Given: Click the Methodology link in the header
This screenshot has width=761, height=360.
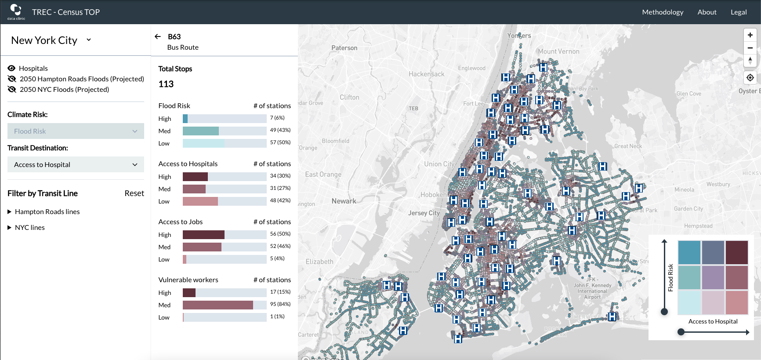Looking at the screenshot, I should pos(662,12).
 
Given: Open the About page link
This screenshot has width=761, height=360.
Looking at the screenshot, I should pos(707,12).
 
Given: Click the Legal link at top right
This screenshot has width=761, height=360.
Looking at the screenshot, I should pos(738,12).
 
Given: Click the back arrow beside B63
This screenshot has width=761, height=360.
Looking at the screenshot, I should pos(158,36).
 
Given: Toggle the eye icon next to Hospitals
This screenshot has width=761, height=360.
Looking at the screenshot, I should pos(11,68).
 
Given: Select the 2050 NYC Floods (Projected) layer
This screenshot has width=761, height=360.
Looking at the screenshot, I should pos(64,89).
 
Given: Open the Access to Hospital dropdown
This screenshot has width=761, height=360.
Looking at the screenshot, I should pos(76,164).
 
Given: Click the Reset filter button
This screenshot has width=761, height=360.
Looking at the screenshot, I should pos(134,193).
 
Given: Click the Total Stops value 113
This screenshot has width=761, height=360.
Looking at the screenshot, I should pos(166,84).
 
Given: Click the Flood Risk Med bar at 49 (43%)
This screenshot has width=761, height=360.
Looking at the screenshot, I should pos(200,131).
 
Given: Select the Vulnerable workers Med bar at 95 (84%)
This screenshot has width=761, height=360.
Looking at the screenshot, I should pos(217,305).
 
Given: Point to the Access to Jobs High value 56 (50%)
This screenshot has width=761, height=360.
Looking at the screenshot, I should pos(280,234).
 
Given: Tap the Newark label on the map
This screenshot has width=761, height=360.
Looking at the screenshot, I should pos(344,201).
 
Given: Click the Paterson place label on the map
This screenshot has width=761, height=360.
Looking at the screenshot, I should pos(344,48).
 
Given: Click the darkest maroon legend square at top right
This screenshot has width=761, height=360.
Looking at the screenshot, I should pos(736,252).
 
